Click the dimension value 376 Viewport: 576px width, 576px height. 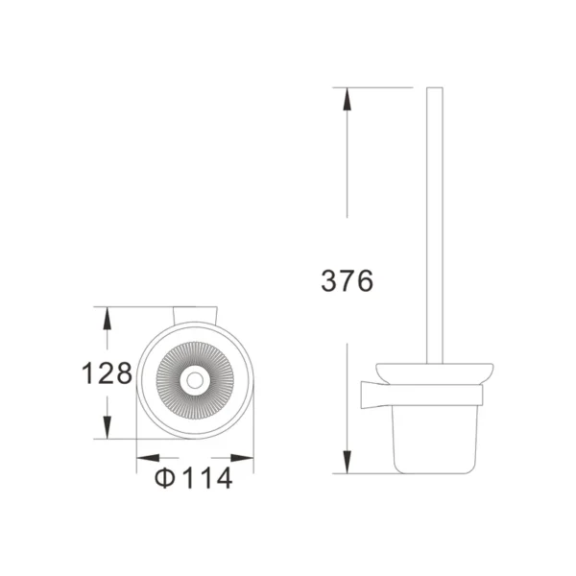click(346, 281)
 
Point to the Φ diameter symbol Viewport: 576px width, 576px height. click(165, 477)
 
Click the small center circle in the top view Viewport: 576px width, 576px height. click(196, 381)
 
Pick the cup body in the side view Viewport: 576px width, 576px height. click(433, 437)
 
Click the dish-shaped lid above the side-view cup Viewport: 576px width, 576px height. click(433, 372)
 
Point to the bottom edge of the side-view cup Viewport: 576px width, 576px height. click(433, 471)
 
